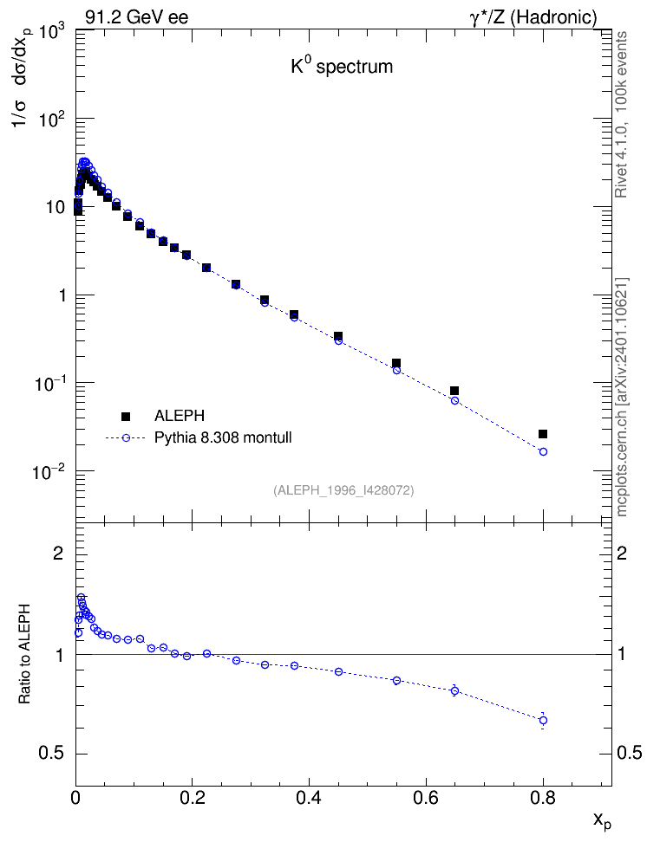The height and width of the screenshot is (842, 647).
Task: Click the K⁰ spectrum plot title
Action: coord(342,67)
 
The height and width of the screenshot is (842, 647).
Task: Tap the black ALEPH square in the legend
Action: coord(126,416)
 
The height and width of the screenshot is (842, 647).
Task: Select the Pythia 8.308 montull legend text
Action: coord(223,437)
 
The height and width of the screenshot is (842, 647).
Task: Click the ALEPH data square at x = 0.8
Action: coord(543,434)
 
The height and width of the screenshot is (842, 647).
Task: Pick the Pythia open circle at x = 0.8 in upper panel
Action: coord(543,451)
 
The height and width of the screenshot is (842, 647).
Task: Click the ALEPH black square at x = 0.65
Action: coord(454,391)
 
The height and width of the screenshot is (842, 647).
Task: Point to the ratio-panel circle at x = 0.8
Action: coord(543,720)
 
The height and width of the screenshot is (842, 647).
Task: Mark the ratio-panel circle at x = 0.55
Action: coord(397,680)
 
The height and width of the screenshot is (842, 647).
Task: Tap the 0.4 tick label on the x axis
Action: coord(309,799)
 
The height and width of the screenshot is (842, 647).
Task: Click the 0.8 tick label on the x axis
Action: coord(542,799)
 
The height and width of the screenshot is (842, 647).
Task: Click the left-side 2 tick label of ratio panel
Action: coord(57,553)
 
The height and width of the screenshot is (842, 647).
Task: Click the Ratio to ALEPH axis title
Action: coord(25,654)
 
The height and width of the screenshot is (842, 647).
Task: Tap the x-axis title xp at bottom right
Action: coord(602,820)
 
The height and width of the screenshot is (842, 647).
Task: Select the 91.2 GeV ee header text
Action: coord(137,17)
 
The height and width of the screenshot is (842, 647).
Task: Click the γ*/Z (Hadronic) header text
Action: coord(533,17)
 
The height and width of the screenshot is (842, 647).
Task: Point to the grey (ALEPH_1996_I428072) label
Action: coord(343,490)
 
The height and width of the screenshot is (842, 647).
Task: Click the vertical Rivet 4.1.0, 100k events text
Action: coord(621,114)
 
